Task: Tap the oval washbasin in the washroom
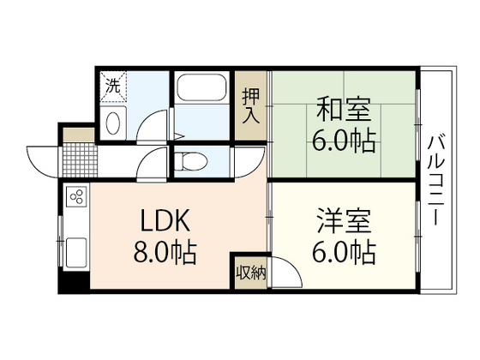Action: (113, 123)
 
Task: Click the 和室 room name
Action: (342, 111)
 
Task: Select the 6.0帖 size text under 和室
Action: (343, 141)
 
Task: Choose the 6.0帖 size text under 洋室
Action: (341, 254)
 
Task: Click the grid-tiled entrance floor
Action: (82, 159)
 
